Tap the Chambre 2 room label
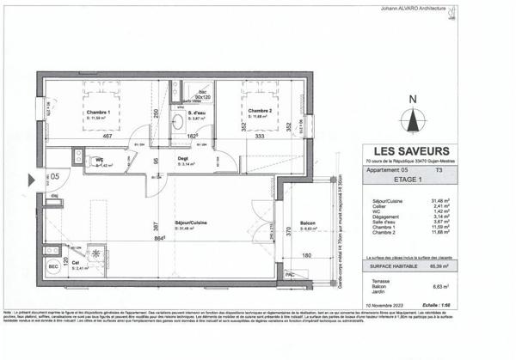click(261, 111)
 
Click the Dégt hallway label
click(183, 159)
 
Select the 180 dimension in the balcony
click(307, 255)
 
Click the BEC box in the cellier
click(52, 267)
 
